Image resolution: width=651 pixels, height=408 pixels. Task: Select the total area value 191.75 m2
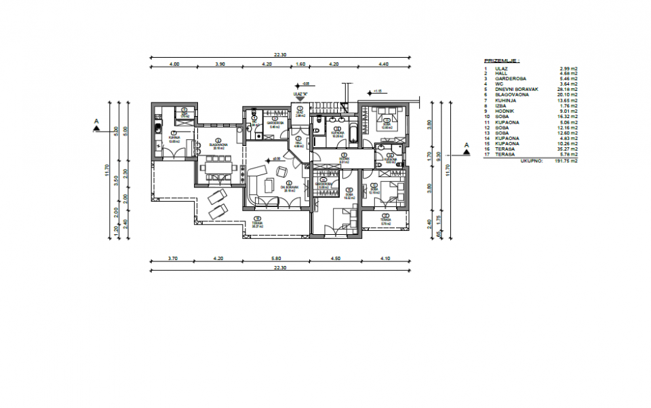coord(566,162)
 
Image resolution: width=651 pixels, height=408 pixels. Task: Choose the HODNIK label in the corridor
coord(344,159)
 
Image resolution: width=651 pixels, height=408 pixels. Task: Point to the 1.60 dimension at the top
coord(300,64)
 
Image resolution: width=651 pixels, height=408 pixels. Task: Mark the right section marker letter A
coord(466,146)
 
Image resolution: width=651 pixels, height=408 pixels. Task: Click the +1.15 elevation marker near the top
coord(377,90)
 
